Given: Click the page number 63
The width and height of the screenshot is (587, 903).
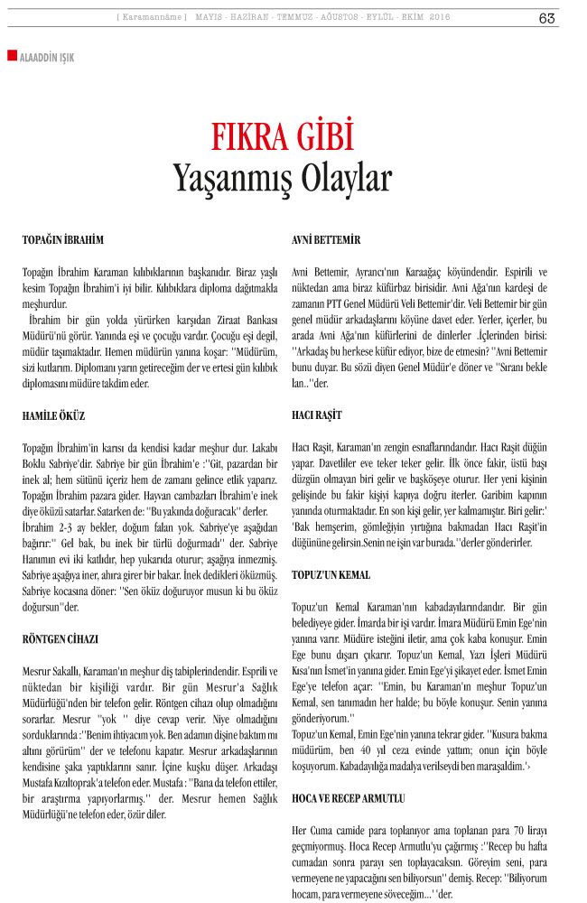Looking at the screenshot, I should [547, 18].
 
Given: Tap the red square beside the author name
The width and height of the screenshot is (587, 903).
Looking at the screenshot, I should [11, 56].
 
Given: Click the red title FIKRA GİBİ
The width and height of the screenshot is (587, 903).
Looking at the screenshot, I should [281, 136].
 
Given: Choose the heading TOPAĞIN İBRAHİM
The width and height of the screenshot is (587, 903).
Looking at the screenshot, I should [63, 240].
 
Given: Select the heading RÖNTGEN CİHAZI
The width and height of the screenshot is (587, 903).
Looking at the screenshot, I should [61, 638].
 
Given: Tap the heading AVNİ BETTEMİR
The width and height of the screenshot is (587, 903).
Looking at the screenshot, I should [327, 240].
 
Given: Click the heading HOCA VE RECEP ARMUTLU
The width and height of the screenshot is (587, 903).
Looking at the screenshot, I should [349, 799].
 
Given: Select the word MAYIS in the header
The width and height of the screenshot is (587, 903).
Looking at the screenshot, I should [211, 18].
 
